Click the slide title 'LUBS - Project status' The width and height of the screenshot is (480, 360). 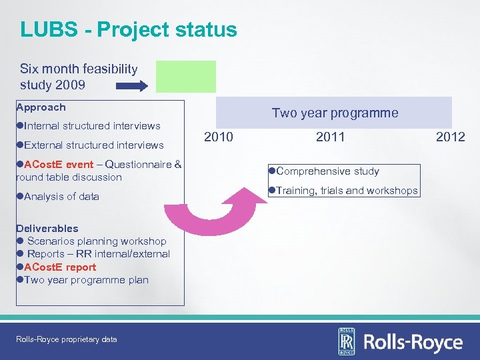128,29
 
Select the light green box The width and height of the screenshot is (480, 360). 186,76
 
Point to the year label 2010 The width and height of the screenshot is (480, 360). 218,137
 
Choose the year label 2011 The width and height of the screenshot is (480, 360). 330,137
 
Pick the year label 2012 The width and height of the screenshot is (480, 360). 450,137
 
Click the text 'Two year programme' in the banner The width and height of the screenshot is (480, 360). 335,113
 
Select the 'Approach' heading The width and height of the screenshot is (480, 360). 41,107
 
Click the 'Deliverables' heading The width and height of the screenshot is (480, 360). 47,228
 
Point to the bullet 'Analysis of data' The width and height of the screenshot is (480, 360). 61,196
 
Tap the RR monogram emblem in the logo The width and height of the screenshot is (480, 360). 347,342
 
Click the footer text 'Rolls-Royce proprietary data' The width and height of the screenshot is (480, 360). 66,339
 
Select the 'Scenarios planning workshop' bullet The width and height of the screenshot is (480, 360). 96,241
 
